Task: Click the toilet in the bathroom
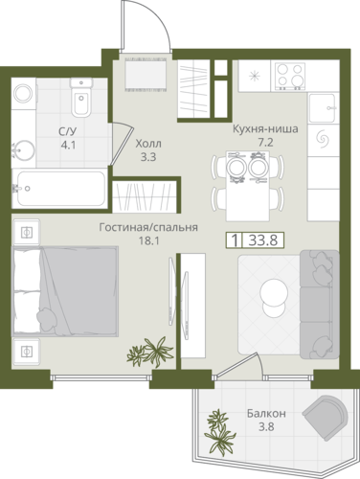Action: pyautogui.click(x=81, y=98)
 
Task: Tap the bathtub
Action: pyautogui.click(x=59, y=189)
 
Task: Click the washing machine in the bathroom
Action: pyautogui.click(x=24, y=93)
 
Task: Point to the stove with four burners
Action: pyautogui.click(x=288, y=77)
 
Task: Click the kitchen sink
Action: pyautogui.click(x=323, y=108)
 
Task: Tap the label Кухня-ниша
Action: pyautogui.click(x=265, y=129)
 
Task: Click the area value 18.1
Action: pyautogui.click(x=148, y=240)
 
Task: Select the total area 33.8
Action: pyautogui.click(x=263, y=240)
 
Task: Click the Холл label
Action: pyautogui.click(x=148, y=144)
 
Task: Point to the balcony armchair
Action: pyautogui.click(x=325, y=415)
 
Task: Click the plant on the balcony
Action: pyautogui.click(x=220, y=432)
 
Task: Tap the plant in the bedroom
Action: pyautogui.click(x=150, y=352)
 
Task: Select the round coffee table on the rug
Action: pyautogui.click(x=273, y=298)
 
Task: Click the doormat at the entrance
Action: pyautogui.click(x=146, y=74)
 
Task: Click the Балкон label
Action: pyautogui.click(x=266, y=414)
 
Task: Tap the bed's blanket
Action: pyautogui.click(x=79, y=290)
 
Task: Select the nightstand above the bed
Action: pyautogui.click(x=26, y=232)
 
